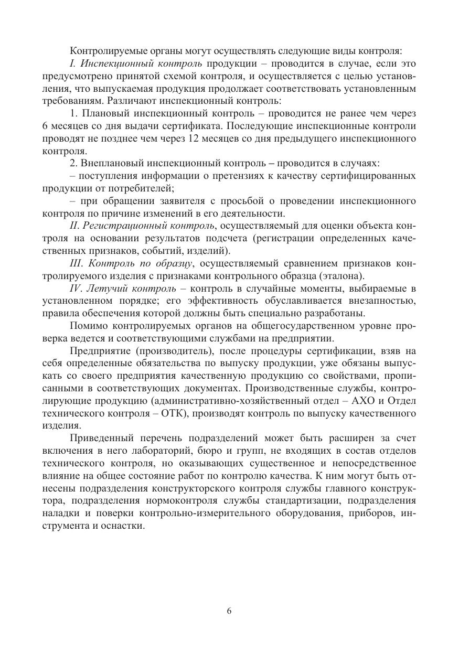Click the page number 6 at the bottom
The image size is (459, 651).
[x=229, y=611]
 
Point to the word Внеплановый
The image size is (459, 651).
[x=110, y=163]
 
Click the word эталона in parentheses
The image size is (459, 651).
[x=342, y=276]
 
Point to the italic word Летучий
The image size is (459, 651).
[x=104, y=289]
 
